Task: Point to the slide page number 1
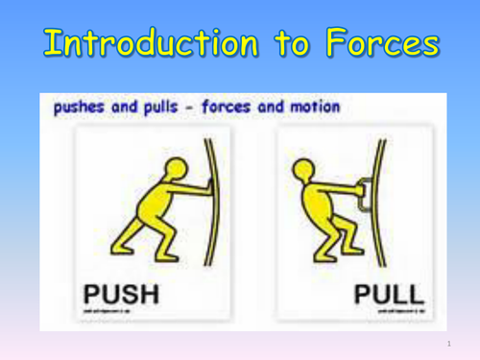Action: [448, 343]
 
